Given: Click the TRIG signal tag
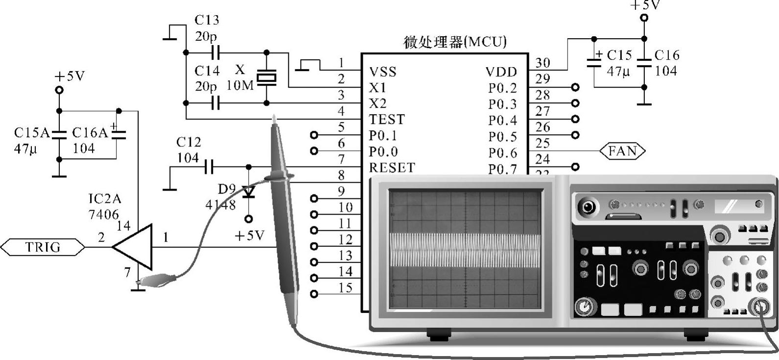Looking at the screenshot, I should (x=43, y=247).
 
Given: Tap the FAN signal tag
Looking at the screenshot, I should (x=622, y=151).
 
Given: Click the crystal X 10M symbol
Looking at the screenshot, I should (x=267, y=77).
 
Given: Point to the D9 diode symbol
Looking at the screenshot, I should (x=249, y=192).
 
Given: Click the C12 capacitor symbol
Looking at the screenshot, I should (x=209, y=168).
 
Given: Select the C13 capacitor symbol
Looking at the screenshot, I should (x=216, y=52).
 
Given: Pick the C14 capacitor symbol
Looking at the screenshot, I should (x=216, y=103).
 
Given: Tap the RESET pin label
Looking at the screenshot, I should (x=392, y=168).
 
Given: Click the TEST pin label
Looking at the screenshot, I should (x=387, y=120).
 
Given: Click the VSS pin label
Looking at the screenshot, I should (x=382, y=72).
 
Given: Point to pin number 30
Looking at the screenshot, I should (x=543, y=63).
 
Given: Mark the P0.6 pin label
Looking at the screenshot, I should (x=502, y=153).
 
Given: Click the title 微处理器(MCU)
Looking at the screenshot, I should (x=455, y=42).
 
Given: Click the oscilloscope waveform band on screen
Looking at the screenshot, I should (x=465, y=250).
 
